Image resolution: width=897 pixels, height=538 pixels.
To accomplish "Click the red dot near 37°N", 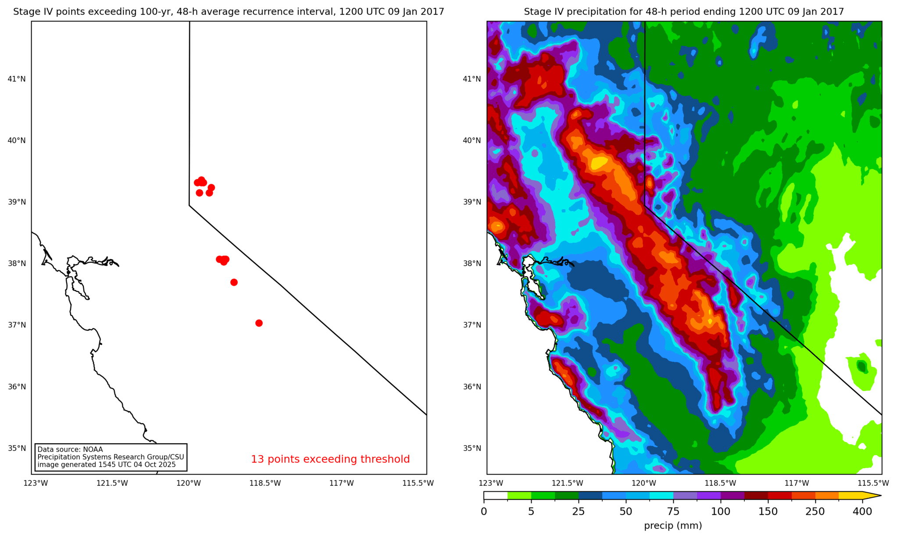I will pos(259,323).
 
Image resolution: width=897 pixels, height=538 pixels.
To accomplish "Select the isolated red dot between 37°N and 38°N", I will pos(234,282).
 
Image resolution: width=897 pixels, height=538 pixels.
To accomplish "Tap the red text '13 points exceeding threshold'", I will pos(330,459).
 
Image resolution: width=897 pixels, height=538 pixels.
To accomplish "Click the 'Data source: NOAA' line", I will pos(70,449).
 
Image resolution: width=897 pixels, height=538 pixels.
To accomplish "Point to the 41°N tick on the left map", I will pos(17,79).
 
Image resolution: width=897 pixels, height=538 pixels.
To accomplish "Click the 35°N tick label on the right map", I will pos(472,448).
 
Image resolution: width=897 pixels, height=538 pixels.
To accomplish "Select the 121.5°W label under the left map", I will pos(112,483).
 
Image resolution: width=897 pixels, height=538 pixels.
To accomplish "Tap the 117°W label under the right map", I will pos(797,483).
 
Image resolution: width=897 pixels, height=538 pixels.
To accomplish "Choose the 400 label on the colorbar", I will pos(862,512).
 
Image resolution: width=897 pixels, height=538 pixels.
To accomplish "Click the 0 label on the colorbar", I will pos(484,512).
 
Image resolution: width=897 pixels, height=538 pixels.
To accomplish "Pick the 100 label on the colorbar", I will pos(721,512).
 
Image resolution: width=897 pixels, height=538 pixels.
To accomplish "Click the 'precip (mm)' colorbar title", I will pos(673,526).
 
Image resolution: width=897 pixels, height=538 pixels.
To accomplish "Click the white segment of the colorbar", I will pos(496,496).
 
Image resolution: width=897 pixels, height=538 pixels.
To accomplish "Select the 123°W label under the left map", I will pos(36,483).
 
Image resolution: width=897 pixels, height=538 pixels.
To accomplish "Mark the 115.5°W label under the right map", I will pos(873,483).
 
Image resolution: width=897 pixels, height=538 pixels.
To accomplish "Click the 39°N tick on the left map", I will pos(17,202).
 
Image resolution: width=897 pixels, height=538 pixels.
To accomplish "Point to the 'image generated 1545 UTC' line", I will pos(107,465).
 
